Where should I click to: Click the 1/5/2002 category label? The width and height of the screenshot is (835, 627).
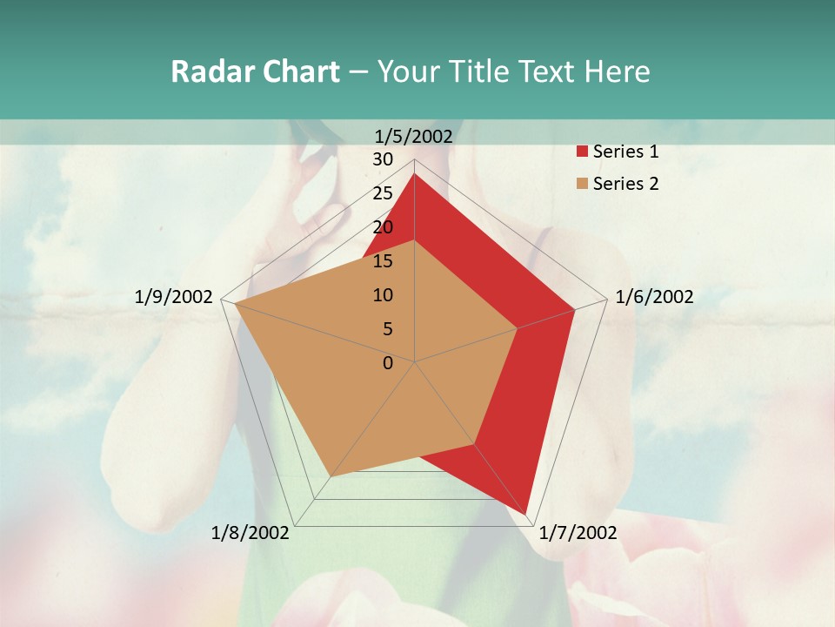click(x=414, y=136)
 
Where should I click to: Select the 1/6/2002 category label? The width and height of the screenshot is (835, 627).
click(x=654, y=297)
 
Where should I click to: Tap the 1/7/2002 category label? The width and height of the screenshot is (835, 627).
click(x=578, y=533)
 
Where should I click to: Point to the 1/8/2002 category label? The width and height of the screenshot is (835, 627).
click(x=250, y=533)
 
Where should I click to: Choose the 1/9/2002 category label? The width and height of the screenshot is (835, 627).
click(x=174, y=297)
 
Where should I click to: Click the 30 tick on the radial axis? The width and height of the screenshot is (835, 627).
click(x=383, y=159)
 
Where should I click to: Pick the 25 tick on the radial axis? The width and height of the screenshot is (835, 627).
click(x=383, y=193)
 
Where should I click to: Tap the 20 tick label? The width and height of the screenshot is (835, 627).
click(x=383, y=227)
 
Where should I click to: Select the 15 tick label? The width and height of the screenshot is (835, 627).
click(x=383, y=261)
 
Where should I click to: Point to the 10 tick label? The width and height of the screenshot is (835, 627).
click(x=383, y=295)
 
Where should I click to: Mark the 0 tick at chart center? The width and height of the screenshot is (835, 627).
click(x=388, y=363)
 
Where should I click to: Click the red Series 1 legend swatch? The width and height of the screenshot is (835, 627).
click(x=582, y=152)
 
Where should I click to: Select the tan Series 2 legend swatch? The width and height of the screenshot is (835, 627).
click(x=582, y=184)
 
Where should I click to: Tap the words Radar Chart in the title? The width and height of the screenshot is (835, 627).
click(x=255, y=71)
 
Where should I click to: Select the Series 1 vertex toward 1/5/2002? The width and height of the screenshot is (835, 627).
click(x=415, y=173)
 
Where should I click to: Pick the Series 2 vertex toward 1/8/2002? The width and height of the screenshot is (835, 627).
click(x=331, y=476)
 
